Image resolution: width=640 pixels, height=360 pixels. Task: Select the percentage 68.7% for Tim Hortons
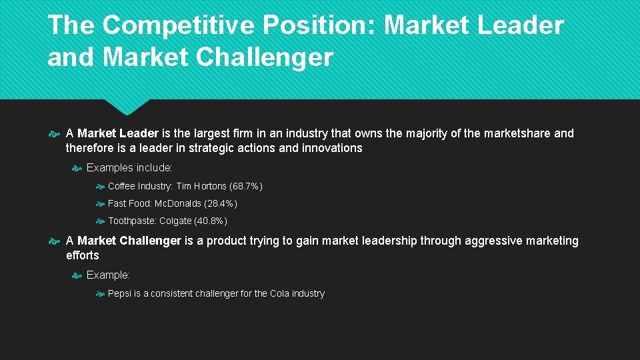[245, 186]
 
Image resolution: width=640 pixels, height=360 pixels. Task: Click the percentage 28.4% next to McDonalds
[221, 203]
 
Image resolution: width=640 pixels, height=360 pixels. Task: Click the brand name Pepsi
[119, 293]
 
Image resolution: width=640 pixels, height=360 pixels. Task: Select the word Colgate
[175, 221]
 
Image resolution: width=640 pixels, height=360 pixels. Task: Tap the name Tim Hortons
[202, 186]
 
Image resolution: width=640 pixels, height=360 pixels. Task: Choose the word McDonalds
[178, 203]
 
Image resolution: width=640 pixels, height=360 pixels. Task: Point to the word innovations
[332, 148]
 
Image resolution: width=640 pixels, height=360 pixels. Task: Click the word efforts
[83, 255]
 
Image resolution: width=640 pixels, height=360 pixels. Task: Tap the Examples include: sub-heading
[129, 167]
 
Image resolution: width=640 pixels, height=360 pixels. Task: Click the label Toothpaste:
[132, 221]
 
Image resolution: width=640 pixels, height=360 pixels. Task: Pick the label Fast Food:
[130, 203]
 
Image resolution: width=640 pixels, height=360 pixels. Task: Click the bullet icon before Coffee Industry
[100, 187]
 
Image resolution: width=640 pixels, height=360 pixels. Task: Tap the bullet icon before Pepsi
[100, 294]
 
